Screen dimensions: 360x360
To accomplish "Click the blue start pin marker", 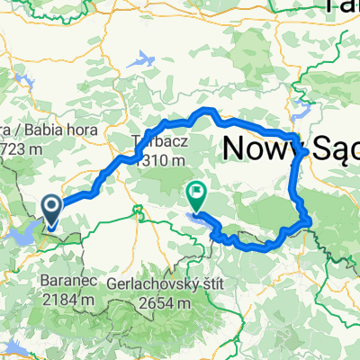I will click(x=52, y=211).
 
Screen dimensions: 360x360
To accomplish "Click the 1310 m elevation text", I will click(x=161, y=159).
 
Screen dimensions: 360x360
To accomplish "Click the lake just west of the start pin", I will click(x=25, y=235).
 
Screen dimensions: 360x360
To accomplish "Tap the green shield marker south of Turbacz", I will click(x=138, y=211).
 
